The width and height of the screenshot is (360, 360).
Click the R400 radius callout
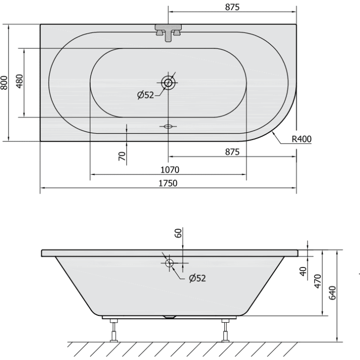click(x=301, y=139)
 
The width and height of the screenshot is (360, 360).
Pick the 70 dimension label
click(x=122, y=156)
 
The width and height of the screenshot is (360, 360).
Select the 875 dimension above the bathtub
click(x=233, y=7)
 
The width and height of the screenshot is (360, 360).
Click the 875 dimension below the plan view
click(x=233, y=152)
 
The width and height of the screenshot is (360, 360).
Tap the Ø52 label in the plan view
click(x=146, y=95)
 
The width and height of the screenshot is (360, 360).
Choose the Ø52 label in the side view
click(x=197, y=278)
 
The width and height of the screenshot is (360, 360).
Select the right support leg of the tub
click(x=225, y=330)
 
